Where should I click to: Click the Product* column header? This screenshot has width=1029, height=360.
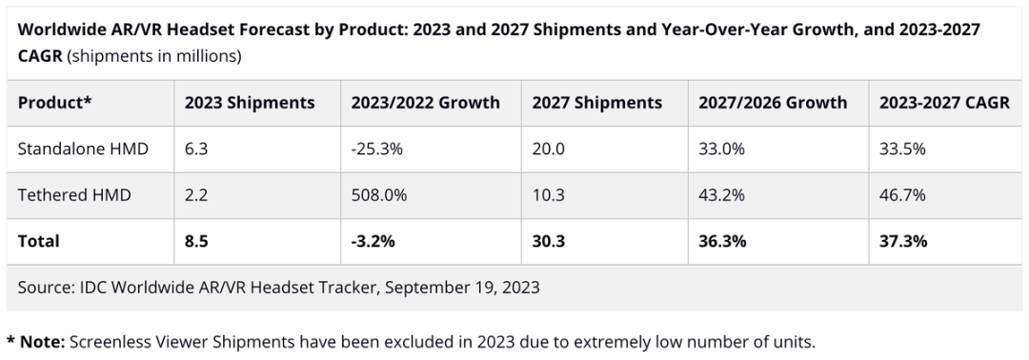[x=54, y=103]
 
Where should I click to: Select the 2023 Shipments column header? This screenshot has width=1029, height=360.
[x=250, y=103]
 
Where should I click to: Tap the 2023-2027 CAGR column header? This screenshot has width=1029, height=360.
[x=944, y=103]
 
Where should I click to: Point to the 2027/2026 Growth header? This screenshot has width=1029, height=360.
[x=773, y=103]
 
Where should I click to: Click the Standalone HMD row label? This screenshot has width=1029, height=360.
[x=83, y=149]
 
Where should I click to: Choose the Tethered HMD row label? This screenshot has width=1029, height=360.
[x=74, y=194]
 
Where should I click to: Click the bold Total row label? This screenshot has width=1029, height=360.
[x=39, y=241]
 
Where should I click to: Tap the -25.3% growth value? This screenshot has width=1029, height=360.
[x=376, y=149]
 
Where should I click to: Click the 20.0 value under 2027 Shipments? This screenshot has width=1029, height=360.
[x=547, y=149]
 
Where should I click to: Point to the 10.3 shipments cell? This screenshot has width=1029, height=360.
[x=547, y=194]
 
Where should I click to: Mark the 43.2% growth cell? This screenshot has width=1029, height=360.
[x=721, y=194]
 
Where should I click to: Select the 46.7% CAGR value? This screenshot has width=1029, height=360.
[x=902, y=194]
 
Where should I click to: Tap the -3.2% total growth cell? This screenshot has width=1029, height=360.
[x=373, y=241]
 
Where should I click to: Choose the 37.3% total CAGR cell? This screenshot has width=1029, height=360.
[x=903, y=241]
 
